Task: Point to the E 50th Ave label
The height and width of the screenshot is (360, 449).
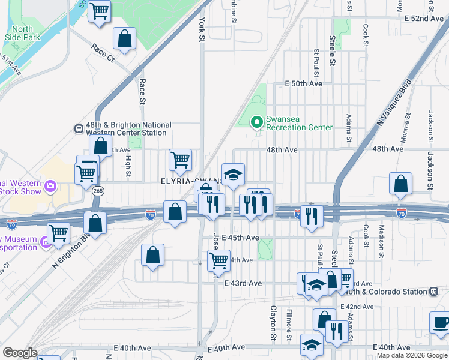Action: tap(304, 83)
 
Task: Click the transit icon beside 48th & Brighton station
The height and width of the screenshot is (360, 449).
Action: tap(78, 128)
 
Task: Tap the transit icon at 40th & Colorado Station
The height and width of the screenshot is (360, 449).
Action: tap(433, 292)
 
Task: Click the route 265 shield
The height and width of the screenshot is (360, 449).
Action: tap(98, 190)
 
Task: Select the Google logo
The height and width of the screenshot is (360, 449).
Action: tap(20, 352)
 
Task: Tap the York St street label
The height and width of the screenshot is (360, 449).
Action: tap(201, 29)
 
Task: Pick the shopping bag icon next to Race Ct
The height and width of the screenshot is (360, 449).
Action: tap(124, 38)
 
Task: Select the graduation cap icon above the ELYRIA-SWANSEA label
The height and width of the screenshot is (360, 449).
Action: tap(233, 175)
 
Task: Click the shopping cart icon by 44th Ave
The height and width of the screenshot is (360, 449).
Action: tap(218, 260)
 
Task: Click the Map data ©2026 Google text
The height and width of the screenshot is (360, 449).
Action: tap(412, 355)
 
